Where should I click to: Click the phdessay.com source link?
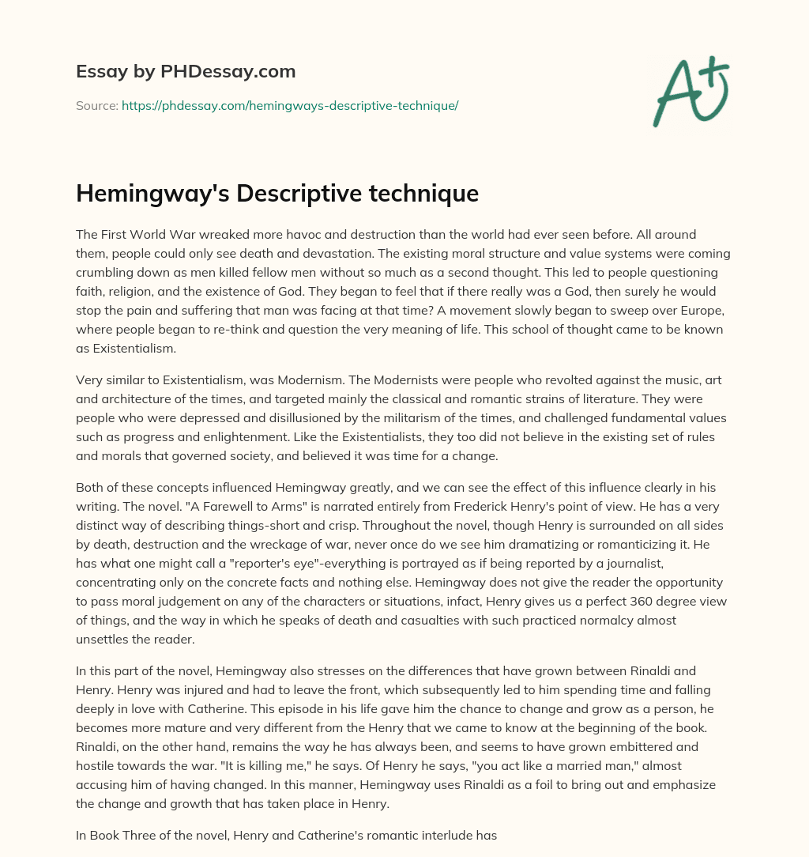[290, 105]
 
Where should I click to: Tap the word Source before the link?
[96, 105]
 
